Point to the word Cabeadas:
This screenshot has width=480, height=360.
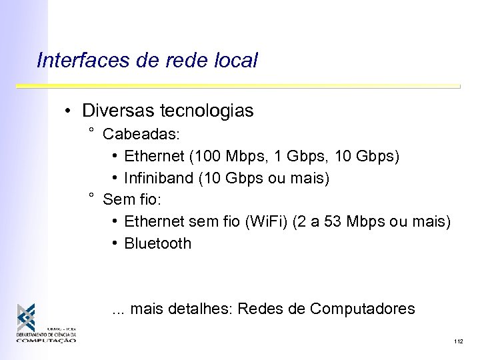[x=141, y=135]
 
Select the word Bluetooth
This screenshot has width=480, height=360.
[x=157, y=243]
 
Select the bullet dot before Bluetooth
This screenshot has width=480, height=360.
[x=115, y=243]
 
